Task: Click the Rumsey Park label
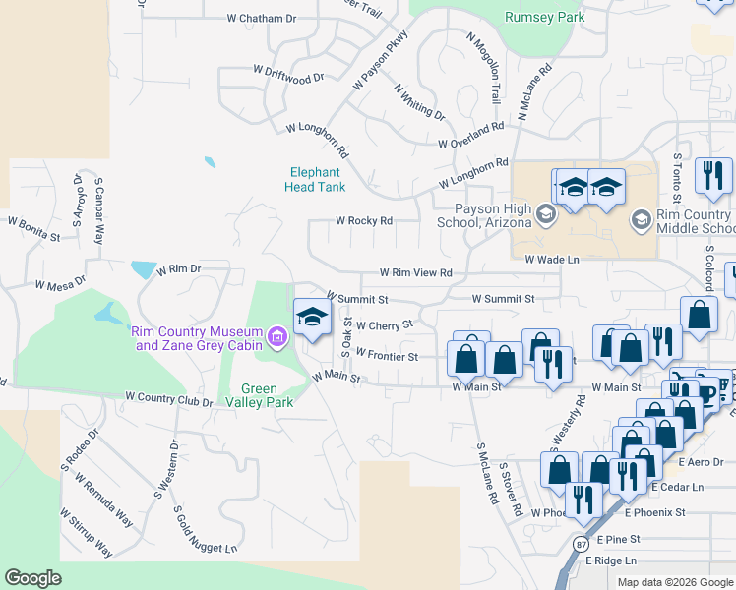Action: (544, 17)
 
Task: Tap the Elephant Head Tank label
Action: (315, 178)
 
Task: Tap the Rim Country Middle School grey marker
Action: (642, 218)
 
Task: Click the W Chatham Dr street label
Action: (261, 18)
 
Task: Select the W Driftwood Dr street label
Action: (288, 74)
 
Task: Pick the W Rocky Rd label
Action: (364, 221)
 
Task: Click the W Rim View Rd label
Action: (416, 273)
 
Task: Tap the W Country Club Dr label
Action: (169, 401)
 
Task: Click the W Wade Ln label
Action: (552, 260)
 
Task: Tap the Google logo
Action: (32, 578)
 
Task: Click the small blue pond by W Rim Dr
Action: (144, 269)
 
